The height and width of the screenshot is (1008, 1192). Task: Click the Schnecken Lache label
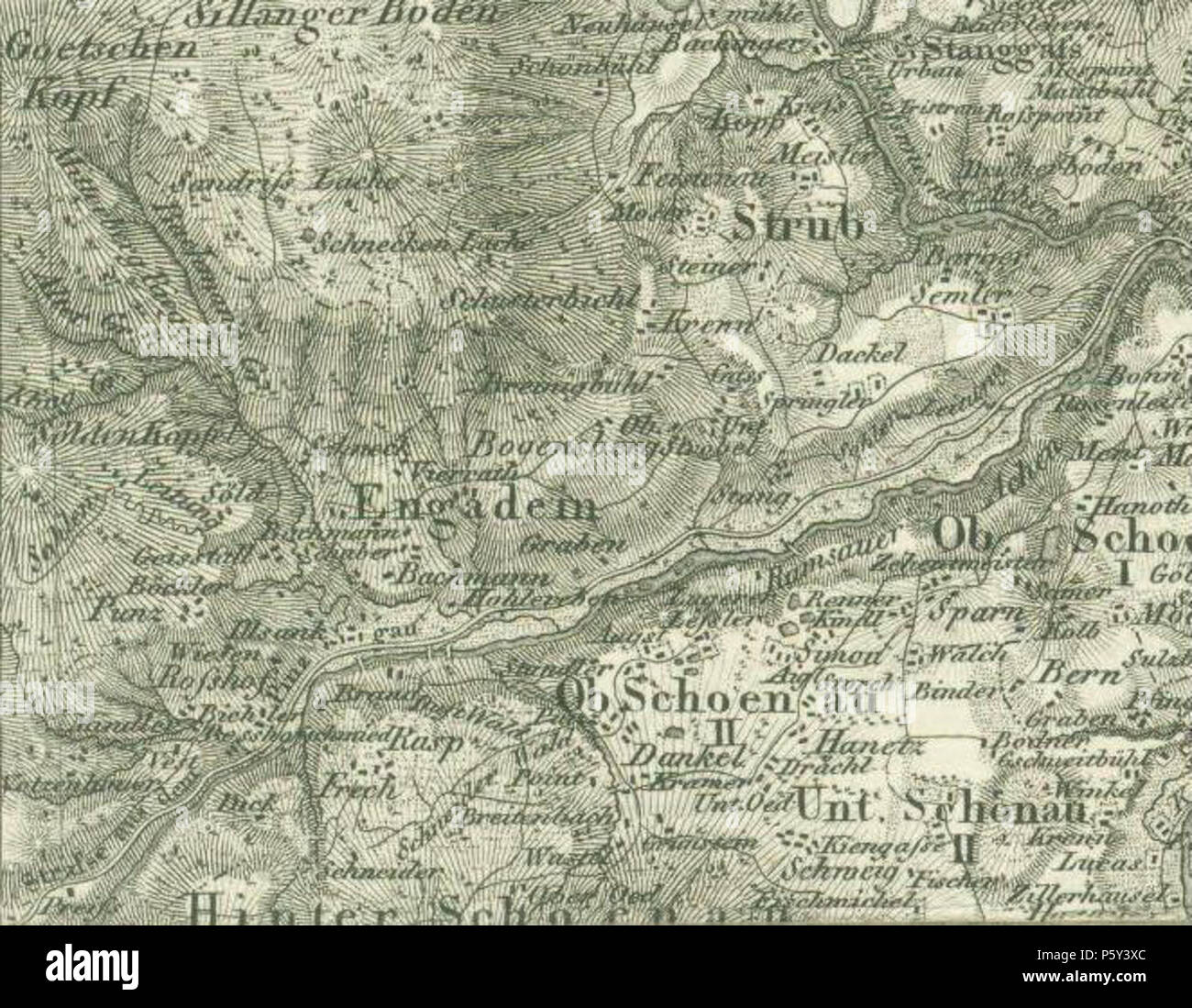point(422,244)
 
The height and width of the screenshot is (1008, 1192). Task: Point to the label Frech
point(359,786)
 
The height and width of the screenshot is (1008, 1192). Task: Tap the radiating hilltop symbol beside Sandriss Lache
point(370,149)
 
